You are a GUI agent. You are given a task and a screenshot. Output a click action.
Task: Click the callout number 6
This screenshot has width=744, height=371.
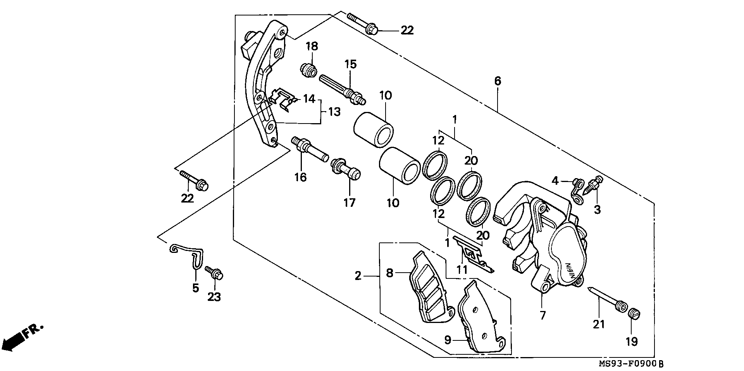click(x=498, y=81)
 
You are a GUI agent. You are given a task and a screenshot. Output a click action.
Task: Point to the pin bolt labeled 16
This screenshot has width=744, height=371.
click(x=310, y=150)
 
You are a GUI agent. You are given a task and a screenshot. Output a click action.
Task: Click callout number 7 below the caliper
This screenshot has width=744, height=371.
click(x=542, y=315)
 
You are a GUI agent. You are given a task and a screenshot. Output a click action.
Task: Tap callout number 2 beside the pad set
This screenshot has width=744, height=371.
click(x=358, y=276)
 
